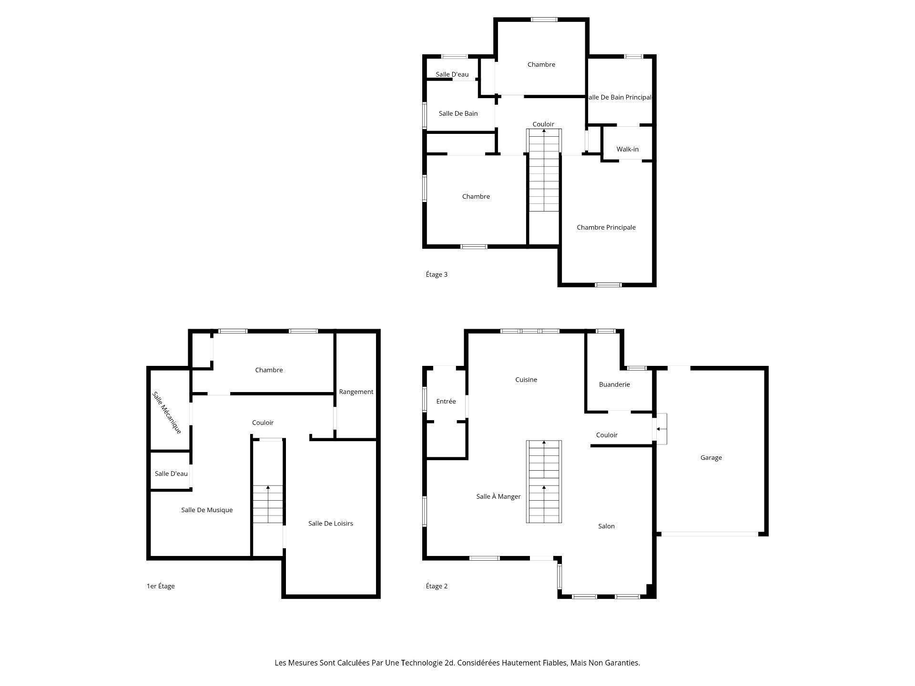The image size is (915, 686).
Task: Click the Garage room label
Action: pos(711,457)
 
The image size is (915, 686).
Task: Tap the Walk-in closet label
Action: pos(627,149)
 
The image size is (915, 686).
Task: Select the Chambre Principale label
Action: pos(606,227)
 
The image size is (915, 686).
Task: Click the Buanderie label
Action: pos(614,384)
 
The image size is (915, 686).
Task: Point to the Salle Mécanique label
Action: pos(167,413)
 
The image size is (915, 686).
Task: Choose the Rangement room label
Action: pos(356,392)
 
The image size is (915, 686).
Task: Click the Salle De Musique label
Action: pos(207,510)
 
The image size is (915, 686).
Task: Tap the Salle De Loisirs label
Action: pos(330,523)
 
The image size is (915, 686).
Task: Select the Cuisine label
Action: pos(526,380)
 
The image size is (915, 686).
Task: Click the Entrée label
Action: pos(446,401)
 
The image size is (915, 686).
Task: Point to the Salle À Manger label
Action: pos(498,496)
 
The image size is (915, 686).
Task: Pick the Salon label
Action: pos(606,526)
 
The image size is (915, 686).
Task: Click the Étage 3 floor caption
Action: pos(436,274)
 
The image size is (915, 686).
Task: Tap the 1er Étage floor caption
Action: pos(161,586)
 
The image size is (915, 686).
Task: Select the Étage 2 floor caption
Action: pos(436,586)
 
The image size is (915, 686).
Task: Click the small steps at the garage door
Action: pos(661,429)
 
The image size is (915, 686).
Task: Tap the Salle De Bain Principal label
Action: pos(620,97)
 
